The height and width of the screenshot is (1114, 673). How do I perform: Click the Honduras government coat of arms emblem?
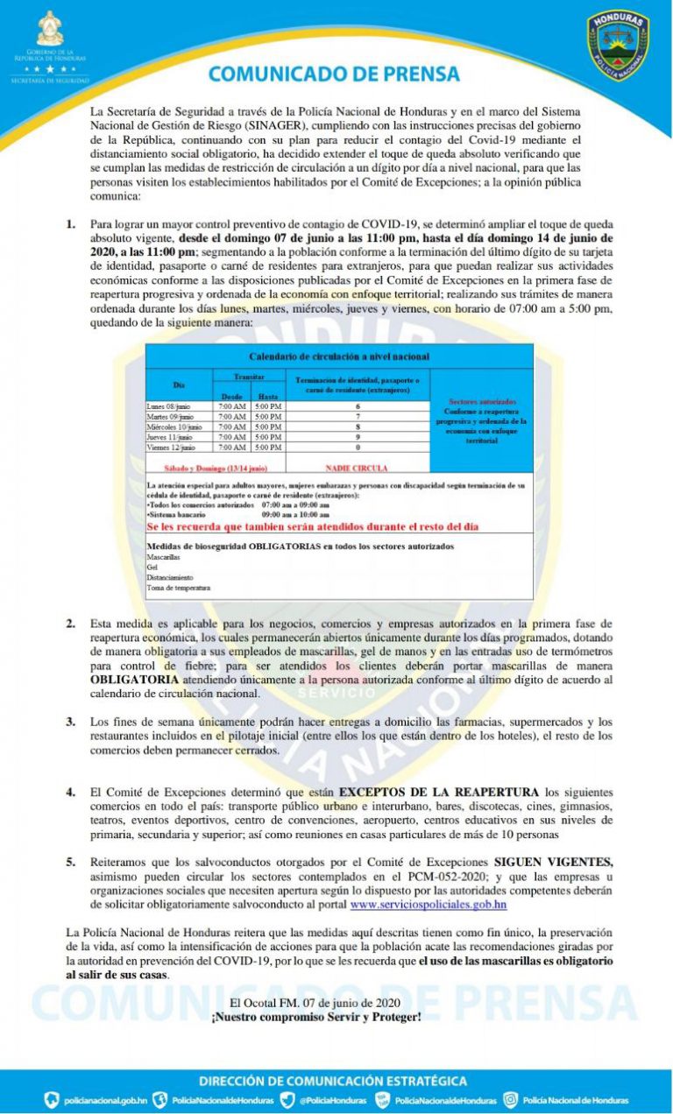[x=51, y=32]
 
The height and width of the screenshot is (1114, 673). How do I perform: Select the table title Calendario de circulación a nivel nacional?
[x=339, y=356]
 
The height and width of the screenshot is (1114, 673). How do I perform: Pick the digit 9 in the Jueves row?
[x=358, y=436]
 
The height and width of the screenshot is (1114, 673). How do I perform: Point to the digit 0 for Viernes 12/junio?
[x=358, y=448]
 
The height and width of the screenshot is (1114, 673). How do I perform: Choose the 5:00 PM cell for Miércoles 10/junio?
[x=267, y=427]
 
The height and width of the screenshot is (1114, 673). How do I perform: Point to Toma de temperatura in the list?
[x=179, y=588]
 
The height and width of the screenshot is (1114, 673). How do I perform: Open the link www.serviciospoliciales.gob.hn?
[x=429, y=903]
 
